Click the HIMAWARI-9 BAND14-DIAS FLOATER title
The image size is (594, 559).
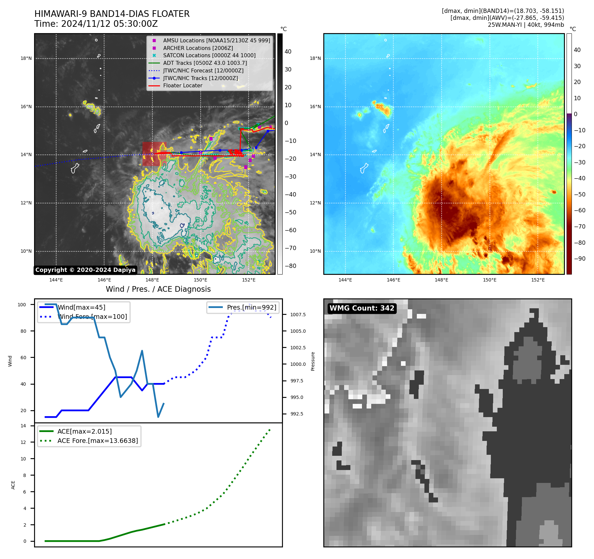(112, 14)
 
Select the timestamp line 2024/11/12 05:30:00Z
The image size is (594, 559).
(96, 24)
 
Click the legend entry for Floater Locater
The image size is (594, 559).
(182, 85)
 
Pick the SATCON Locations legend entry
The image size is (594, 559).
(209, 55)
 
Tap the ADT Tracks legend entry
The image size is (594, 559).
(205, 63)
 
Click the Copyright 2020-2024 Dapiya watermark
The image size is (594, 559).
(85, 270)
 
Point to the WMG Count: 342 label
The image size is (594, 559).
(362, 308)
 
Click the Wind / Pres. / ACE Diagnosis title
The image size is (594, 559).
(158, 289)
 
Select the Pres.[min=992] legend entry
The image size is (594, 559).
(251, 307)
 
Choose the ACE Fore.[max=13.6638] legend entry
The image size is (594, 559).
(98, 441)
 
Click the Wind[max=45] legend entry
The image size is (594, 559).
(81, 307)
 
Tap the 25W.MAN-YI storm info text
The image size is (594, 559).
(526, 24)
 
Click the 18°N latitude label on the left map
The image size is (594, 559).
(26, 59)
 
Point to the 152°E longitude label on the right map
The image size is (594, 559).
(537, 280)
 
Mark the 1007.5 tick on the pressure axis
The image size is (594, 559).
(298, 315)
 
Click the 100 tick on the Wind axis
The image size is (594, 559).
(22, 305)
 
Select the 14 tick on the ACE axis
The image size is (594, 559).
(23, 426)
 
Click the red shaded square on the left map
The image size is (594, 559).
(154, 154)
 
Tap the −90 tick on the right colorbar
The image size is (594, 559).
(579, 259)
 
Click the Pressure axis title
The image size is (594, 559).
(313, 361)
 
